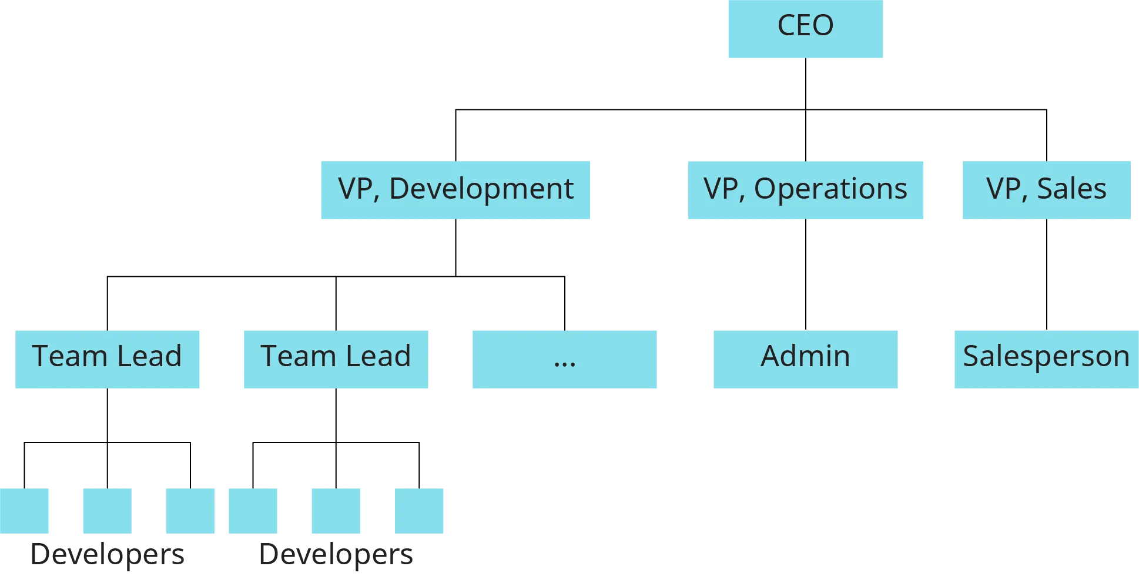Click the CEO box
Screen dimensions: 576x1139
[x=804, y=29]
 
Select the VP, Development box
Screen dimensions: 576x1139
[x=455, y=190]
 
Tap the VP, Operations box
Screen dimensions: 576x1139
[x=806, y=190]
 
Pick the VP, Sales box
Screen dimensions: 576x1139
[x=1046, y=190]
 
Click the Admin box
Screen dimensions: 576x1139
[x=804, y=359]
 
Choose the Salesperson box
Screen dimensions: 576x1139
[x=1046, y=359]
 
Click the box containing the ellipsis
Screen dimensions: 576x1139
[x=564, y=359]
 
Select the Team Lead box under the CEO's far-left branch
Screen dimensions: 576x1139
[x=108, y=359]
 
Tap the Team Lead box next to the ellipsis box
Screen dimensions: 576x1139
[x=336, y=359]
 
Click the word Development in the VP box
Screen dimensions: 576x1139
[x=481, y=189]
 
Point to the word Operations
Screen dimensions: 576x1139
[x=830, y=189]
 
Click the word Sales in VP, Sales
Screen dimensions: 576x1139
[x=1071, y=189]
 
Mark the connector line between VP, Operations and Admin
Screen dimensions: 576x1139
[x=806, y=274]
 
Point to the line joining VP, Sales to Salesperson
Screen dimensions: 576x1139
[x=1046, y=274]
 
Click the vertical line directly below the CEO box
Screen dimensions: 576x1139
[x=806, y=84]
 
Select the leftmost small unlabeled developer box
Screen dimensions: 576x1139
[x=25, y=510]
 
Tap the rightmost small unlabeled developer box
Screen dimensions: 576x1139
[x=420, y=510]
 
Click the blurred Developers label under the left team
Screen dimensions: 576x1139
[x=108, y=554]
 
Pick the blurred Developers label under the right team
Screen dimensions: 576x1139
[x=336, y=554]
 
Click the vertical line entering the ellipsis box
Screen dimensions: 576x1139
[x=566, y=303]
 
